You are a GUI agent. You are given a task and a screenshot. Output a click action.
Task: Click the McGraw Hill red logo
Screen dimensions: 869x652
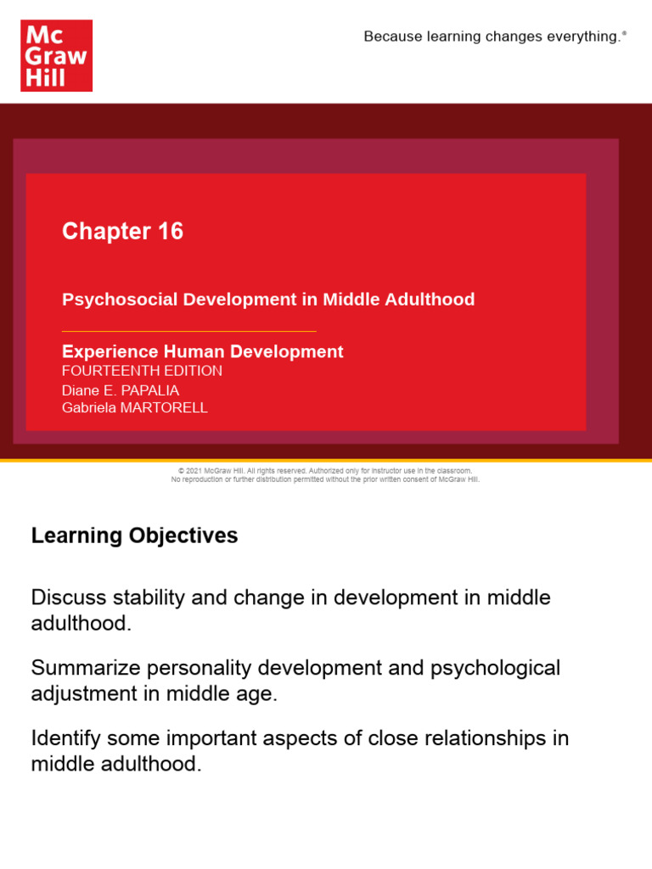point(56,55)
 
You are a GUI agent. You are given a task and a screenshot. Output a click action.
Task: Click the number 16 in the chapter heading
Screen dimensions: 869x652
point(170,232)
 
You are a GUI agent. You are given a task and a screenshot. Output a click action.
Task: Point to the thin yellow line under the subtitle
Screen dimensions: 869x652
point(188,331)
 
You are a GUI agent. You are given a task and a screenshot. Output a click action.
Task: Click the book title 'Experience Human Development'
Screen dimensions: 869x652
point(202,351)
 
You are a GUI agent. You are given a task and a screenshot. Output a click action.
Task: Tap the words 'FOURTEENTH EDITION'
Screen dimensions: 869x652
point(142,371)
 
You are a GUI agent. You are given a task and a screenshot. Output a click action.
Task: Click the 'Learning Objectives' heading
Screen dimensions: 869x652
point(134,535)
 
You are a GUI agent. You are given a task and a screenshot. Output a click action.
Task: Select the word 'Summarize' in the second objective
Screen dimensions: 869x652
point(80,668)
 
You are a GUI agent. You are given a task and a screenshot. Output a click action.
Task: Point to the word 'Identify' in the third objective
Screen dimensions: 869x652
point(62,738)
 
